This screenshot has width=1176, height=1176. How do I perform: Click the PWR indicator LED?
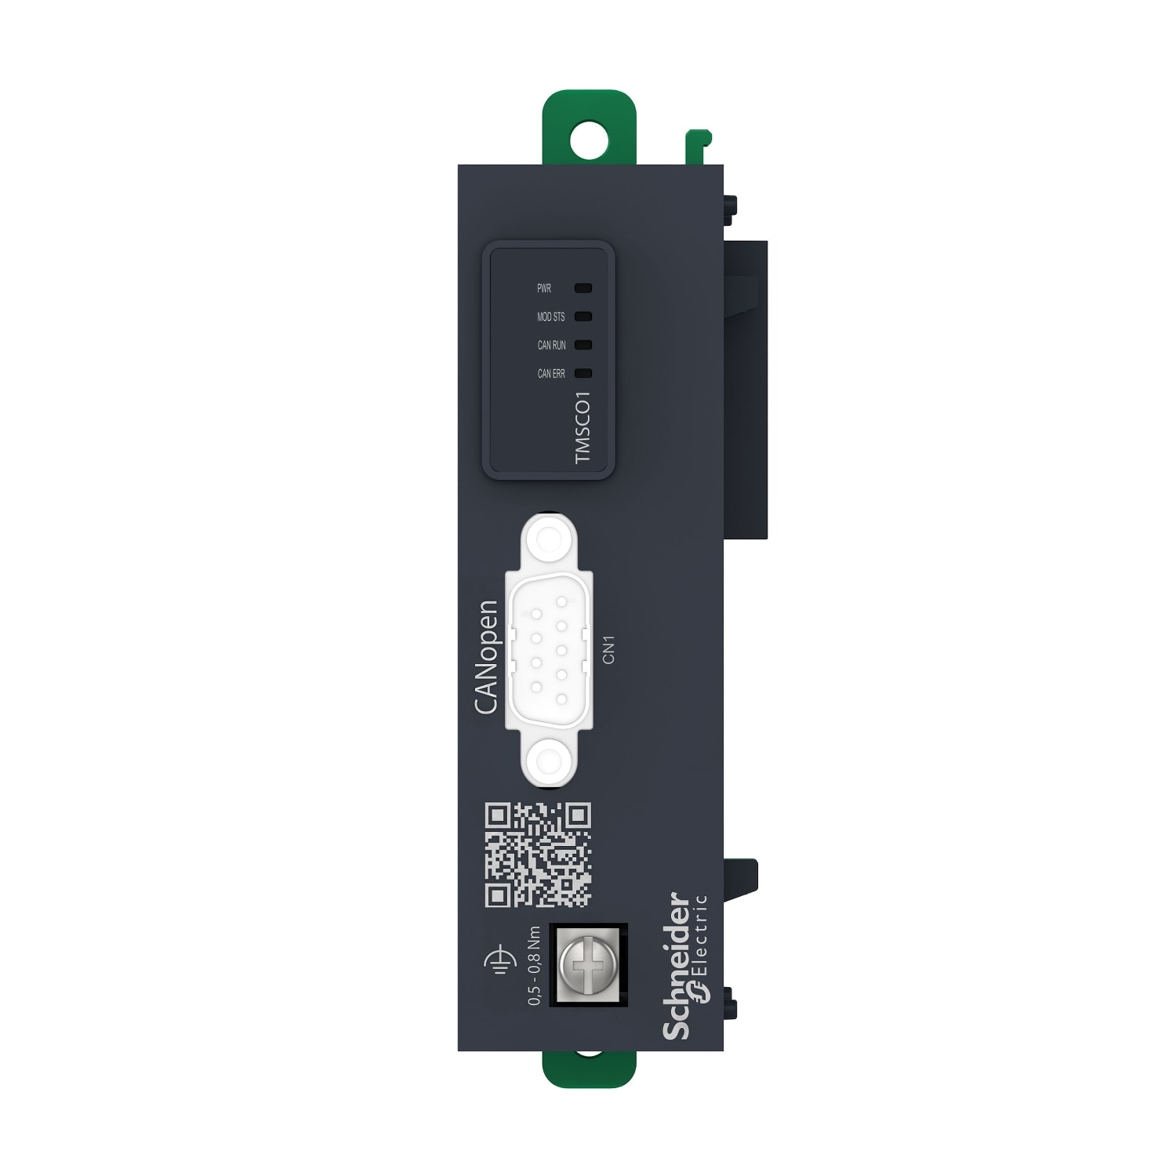pyautogui.click(x=583, y=289)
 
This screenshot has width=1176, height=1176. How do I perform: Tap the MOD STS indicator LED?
pyautogui.click(x=583, y=317)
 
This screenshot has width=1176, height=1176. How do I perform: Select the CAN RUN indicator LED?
pyautogui.click(x=583, y=345)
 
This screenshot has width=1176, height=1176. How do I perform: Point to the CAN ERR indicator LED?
pyautogui.click(x=583, y=373)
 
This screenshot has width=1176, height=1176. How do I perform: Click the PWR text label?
pyautogui.click(x=544, y=289)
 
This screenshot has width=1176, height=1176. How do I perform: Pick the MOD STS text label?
pyautogui.click(x=550, y=317)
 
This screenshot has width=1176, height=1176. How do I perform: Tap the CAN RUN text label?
pyautogui.click(x=551, y=345)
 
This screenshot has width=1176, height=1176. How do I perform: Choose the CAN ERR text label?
pyautogui.click(x=551, y=374)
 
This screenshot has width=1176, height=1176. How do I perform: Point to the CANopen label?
pyautogui.click(x=486, y=657)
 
